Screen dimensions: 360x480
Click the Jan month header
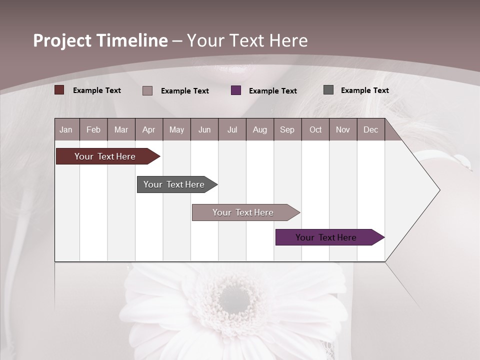coord(66,129)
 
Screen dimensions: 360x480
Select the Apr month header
coord(148,129)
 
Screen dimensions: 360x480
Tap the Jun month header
coord(204,129)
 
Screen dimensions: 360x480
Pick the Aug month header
coord(259,129)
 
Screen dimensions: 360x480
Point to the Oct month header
coord(315,129)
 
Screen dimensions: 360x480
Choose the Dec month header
coord(370,129)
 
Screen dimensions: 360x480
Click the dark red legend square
coord(59,90)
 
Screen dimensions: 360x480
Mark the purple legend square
coord(236,90)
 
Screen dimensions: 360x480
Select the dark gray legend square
coord(328,90)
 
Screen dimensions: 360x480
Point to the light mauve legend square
coord(147,90)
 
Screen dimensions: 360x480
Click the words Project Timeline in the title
coord(100,40)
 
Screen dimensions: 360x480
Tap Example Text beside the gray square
coord(364,90)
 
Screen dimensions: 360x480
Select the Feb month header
coord(93,129)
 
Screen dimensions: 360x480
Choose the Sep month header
coord(287,129)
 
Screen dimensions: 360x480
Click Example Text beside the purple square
coord(272,91)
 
